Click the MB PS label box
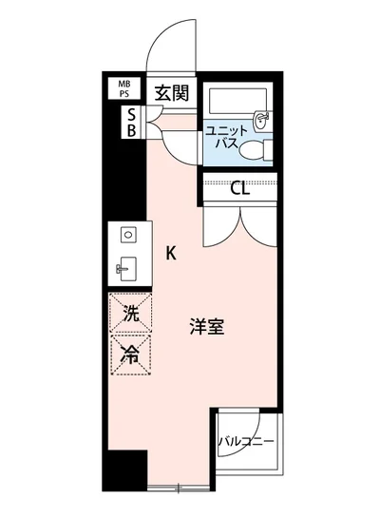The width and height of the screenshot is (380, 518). tap(125, 89)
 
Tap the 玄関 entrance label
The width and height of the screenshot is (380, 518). tap(173, 93)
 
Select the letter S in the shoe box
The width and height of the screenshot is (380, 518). tap(132, 114)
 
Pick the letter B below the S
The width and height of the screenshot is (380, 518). tap(132, 131)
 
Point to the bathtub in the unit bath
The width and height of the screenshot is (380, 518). tap(237, 102)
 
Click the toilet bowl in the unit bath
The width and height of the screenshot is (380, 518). tap(251, 150)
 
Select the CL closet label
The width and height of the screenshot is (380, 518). tap(240, 187)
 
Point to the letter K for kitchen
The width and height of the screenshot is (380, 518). tap(171, 253)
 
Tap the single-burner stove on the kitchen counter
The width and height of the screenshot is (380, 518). tap(127, 234)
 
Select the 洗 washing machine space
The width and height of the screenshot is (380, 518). tap(128, 311)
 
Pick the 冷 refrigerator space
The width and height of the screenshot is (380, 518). tap(128, 355)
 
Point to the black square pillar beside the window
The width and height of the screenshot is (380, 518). tap(124, 468)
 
